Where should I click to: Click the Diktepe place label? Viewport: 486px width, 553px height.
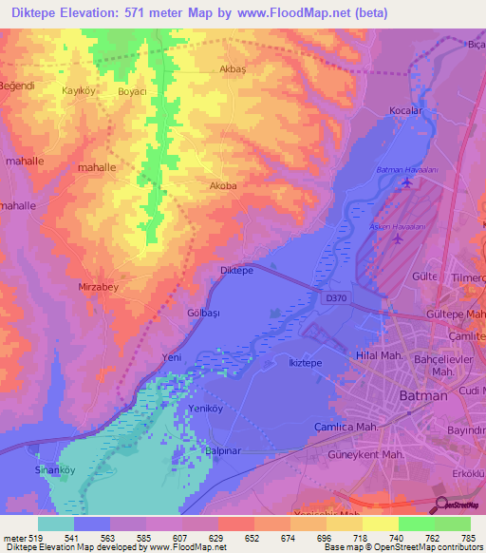[x=236, y=270]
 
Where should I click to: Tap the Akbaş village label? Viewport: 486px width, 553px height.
[x=233, y=70]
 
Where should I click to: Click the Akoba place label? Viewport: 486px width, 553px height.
[x=222, y=187]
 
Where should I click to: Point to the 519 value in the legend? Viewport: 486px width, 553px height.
[x=28, y=537]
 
